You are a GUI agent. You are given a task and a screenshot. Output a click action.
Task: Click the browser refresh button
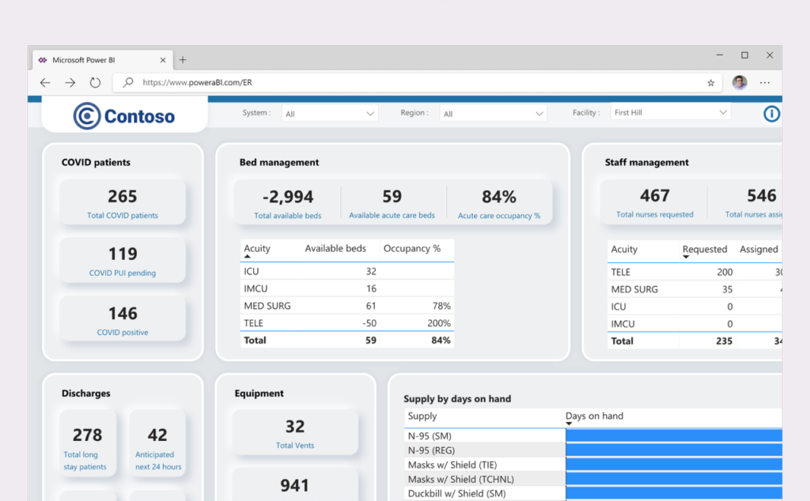[95, 82]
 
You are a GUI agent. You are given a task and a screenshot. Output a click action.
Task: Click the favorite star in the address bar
[710, 82]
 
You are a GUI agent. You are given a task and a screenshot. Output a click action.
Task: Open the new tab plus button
[183, 59]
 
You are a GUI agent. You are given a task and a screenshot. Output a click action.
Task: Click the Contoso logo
[124, 117]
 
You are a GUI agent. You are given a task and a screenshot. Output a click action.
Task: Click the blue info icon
[771, 114]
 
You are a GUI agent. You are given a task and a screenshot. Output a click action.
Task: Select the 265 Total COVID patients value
[123, 196]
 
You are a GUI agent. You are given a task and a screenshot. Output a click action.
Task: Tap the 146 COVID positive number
[123, 313]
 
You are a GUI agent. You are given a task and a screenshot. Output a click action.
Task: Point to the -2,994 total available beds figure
[288, 196]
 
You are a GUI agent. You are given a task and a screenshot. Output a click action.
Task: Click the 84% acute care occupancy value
[498, 196]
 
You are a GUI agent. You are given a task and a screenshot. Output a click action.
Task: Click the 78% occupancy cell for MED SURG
[441, 306]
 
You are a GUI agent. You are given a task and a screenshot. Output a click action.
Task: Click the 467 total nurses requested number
[654, 195]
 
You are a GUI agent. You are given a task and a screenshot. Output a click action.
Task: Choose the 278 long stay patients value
[87, 435]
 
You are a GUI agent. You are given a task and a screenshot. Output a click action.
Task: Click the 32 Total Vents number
[295, 427]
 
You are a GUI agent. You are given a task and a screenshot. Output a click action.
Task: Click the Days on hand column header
[594, 416]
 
